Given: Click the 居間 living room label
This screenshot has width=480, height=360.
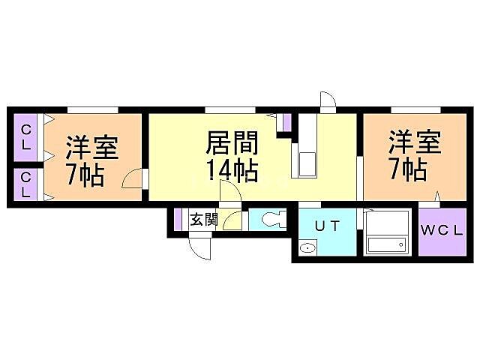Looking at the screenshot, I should point(233,141).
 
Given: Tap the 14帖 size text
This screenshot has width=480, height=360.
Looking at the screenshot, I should point(233,170).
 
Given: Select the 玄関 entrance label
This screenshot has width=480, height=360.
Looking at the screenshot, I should point(203,220).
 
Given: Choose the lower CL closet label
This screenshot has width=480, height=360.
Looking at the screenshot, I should point(25,185).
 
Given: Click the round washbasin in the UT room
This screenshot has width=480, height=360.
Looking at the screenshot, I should point(307,248).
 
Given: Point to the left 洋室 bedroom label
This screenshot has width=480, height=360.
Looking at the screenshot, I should point(91,147).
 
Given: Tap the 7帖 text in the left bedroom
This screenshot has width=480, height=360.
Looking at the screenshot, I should point(85,175).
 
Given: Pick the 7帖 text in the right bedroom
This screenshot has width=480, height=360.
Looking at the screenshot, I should point(408,169).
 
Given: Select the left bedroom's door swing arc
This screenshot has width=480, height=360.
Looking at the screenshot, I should point(132,180).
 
